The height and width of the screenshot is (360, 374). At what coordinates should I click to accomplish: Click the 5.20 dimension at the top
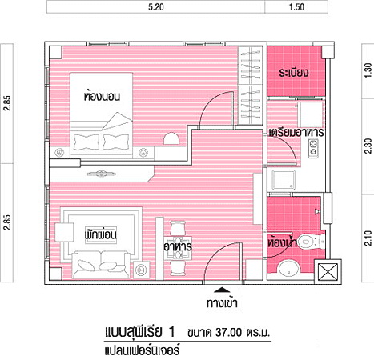pyautogui.click(x=156, y=6)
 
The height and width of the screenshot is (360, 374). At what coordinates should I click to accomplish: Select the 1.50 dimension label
pyautogui.click(x=296, y=6)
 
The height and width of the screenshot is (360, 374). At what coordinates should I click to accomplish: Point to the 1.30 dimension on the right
pyautogui.click(x=368, y=70)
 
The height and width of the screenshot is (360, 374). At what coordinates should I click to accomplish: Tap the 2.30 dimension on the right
pyautogui.click(x=368, y=146)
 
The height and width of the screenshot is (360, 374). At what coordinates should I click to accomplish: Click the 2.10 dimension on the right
pyautogui.click(x=368, y=238)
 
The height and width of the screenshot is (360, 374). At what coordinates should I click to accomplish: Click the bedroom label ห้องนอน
pyautogui.click(x=102, y=96)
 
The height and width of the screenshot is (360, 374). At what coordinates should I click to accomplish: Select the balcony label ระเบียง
pyautogui.click(x=294, y=73)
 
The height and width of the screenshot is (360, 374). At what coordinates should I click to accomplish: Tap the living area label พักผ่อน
pyautogui.click(x=101, y=234)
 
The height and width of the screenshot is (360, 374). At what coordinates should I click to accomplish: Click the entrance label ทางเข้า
pyautogui.click(x=222, y=303)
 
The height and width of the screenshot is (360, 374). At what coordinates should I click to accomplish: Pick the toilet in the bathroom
pyautogui.click(x=311, y=242)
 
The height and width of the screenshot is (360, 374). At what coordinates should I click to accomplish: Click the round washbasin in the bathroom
pyautogui.click(x=288, y=269)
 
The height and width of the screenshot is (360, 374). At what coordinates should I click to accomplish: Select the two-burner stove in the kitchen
pyautogui.click(x=313, y=148)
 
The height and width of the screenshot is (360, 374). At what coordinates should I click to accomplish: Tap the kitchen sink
pyautogui.click(x=284, y=180)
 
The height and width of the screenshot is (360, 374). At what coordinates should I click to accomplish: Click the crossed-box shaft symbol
pyautogui.click(x=328, y=271)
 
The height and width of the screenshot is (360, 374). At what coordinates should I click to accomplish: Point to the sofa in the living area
pyautogui.click(x=101, y=264)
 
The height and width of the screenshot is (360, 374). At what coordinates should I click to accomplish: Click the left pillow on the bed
pyautogui.click(x=86, y=142)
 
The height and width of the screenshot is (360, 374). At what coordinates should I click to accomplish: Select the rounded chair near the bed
pyautogui.click(x=171, y=138)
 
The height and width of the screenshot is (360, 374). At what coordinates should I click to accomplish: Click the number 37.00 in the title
pyautogui.click(x=229, y=333)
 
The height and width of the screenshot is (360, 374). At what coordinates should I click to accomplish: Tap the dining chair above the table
pyautogui.click(x=178, y=228)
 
